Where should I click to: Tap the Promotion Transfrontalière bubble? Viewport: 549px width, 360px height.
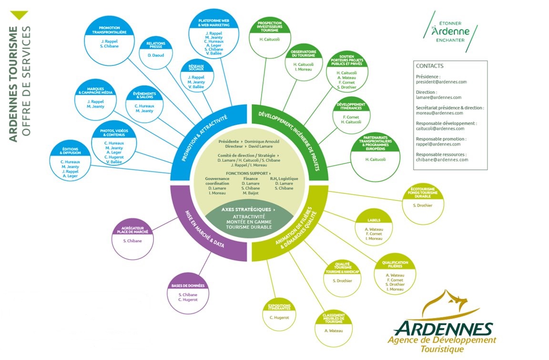pyautogui.click(x=109, y=38)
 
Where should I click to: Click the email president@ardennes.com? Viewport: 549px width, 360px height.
pyautogui.click(x=441, y=82)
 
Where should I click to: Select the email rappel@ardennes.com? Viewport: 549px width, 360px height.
pyautogui.click(x=435, y=144)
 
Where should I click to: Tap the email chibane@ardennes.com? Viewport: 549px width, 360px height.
pyautogui.click(x=442, y=160)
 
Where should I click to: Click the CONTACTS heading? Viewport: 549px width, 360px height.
pyautogui.click(x=429, y=66)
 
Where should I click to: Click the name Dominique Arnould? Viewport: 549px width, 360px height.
pyautogui.click(x=263, y=142)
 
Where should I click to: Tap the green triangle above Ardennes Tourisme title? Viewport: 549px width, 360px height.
pyautogui.click(x=19, y=15)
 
